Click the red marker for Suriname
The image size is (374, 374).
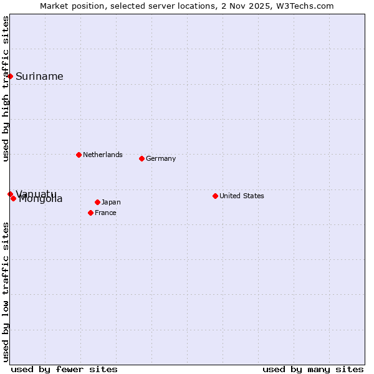(x=11, y=76)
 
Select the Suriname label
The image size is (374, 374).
(x=39, y=77)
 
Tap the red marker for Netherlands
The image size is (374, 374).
(x=79, y=155)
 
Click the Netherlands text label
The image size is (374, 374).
(x=102, y=155)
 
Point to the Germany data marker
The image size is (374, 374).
(x=141, y=158)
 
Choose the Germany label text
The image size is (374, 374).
(x=161, y=158)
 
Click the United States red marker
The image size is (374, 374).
(x=215, y=196)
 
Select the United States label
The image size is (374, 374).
(x=242, y=196)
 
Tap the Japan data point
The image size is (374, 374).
(x=97, y=202)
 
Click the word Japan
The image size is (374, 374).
(x=111, y=202)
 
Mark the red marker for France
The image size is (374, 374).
(x=90, y=213)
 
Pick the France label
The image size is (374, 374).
(x=105, y=213)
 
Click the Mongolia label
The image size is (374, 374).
(x=41, y=199)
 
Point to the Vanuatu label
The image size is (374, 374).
(x=36, y=193)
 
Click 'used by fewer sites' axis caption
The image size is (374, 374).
(x=64, y=369)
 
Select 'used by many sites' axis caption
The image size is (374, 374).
(x=313, y=369)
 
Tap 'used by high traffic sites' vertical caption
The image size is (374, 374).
(x=6, y=89)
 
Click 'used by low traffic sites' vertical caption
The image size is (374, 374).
(x=6, y=292)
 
